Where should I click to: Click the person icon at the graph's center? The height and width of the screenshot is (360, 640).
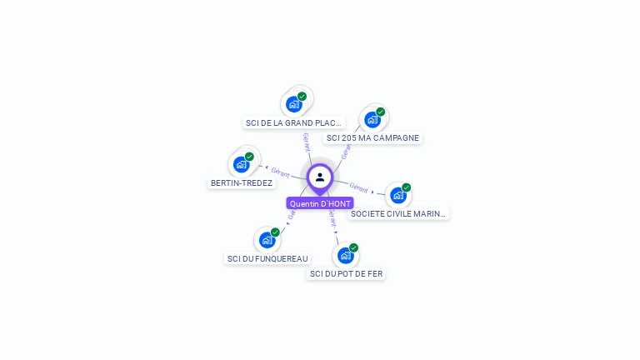pyautogui.click(x=320, y=177)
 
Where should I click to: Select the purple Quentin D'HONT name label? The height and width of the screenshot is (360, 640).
pyautogui.click(x=320, y=203)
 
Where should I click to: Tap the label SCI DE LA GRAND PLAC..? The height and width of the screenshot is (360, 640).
pyautogui.click(x=294, y=122)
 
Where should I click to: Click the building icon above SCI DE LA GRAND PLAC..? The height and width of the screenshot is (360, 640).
pyautogui.click(x=293, y=104)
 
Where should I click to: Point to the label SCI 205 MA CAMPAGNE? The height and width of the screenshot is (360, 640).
pyautogui.click(x=372, y=137)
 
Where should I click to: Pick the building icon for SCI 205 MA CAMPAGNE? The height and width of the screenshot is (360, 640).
pyautogui.click(x=372, y=119)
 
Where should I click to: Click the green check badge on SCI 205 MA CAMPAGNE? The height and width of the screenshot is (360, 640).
pyautogui.click(x=381, y=112)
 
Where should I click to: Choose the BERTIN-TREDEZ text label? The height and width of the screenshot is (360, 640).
pyautogui.click(x=242, y=182)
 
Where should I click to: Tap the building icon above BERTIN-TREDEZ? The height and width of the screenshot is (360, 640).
pyautogui.click(x=242, y=164)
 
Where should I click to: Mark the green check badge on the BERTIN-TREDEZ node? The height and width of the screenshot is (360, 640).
pyautogui.click(x=249, y=157)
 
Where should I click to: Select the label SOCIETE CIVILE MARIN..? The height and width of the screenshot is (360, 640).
pyautogui.click(x=398, y=213)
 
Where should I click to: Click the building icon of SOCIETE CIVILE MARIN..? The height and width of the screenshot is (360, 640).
pyautogui.click(x=398, y=195)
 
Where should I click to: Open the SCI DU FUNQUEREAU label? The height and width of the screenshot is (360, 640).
pyautogui.click(x=267, y=258)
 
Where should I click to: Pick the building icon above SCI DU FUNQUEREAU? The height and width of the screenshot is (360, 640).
pyautogui.click(x=267, y=240)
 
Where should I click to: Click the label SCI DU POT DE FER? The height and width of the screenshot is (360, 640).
pyautogui.click(x=347, y=273)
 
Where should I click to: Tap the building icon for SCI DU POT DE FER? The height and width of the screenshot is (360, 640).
pyautogui.click(x=345, y=255)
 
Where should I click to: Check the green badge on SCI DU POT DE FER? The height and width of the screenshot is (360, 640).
pyautogui.click(x=354, y=247)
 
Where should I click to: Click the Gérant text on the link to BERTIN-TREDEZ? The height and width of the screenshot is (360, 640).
pyautogui.click(x=280, y=172)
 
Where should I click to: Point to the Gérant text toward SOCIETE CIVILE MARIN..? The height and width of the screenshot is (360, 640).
pyautogui.click(x=359, y=187)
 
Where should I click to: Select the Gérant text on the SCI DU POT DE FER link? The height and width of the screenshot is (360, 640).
pyautogui.click(x=332, y=218)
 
